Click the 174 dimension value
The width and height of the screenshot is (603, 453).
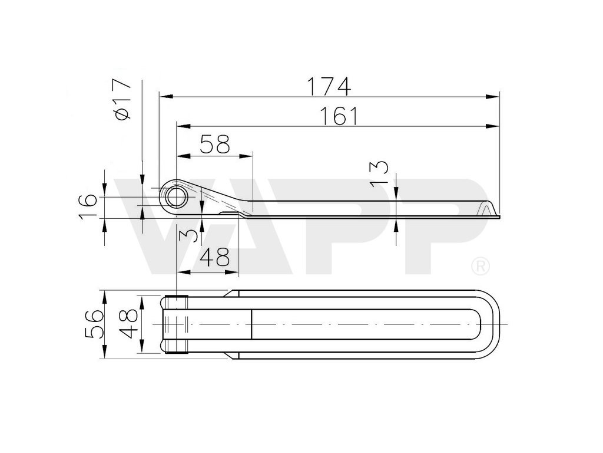point(329,87)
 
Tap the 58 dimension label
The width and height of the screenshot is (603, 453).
point(215,145)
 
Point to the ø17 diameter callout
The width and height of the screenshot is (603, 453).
point(122,99)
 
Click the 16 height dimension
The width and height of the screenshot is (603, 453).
point(88,207)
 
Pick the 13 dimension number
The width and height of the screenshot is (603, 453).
point(379,173)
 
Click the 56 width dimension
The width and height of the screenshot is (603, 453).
point(94,324)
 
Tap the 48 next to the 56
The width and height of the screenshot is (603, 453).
point(128,324)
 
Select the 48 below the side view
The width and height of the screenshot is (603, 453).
point(215,257)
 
